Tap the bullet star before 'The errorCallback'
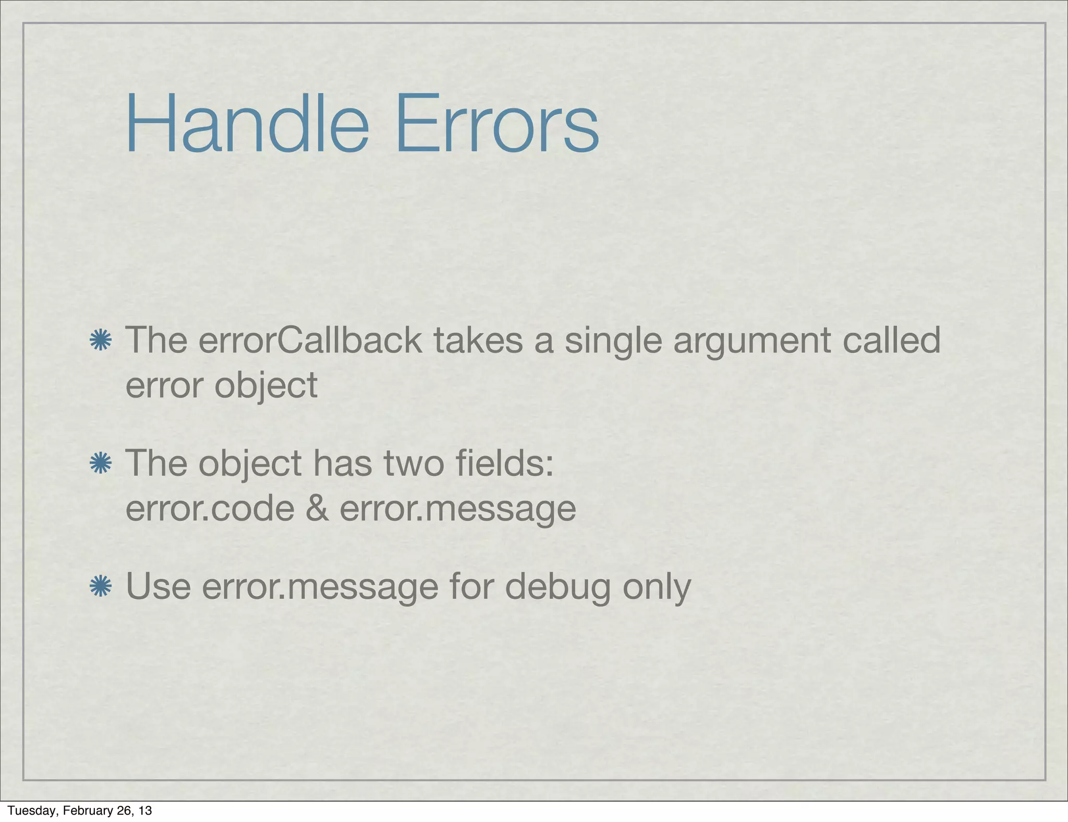100,340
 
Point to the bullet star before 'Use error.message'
100,586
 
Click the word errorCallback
310,340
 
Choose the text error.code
210,509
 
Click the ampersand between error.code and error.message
317,509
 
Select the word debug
557,587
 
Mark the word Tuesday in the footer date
32,811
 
